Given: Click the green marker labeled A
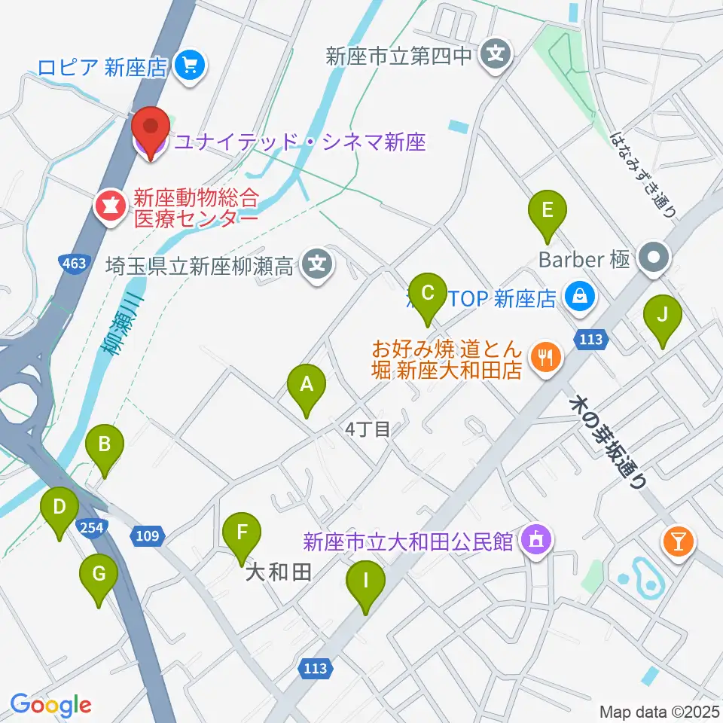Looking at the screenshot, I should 307,386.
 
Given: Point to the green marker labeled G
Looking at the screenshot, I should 99,575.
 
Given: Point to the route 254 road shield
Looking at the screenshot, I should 93,527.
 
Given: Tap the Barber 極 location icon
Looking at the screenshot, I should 652,260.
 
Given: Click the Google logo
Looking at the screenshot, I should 50,705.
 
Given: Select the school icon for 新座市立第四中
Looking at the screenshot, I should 496,55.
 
